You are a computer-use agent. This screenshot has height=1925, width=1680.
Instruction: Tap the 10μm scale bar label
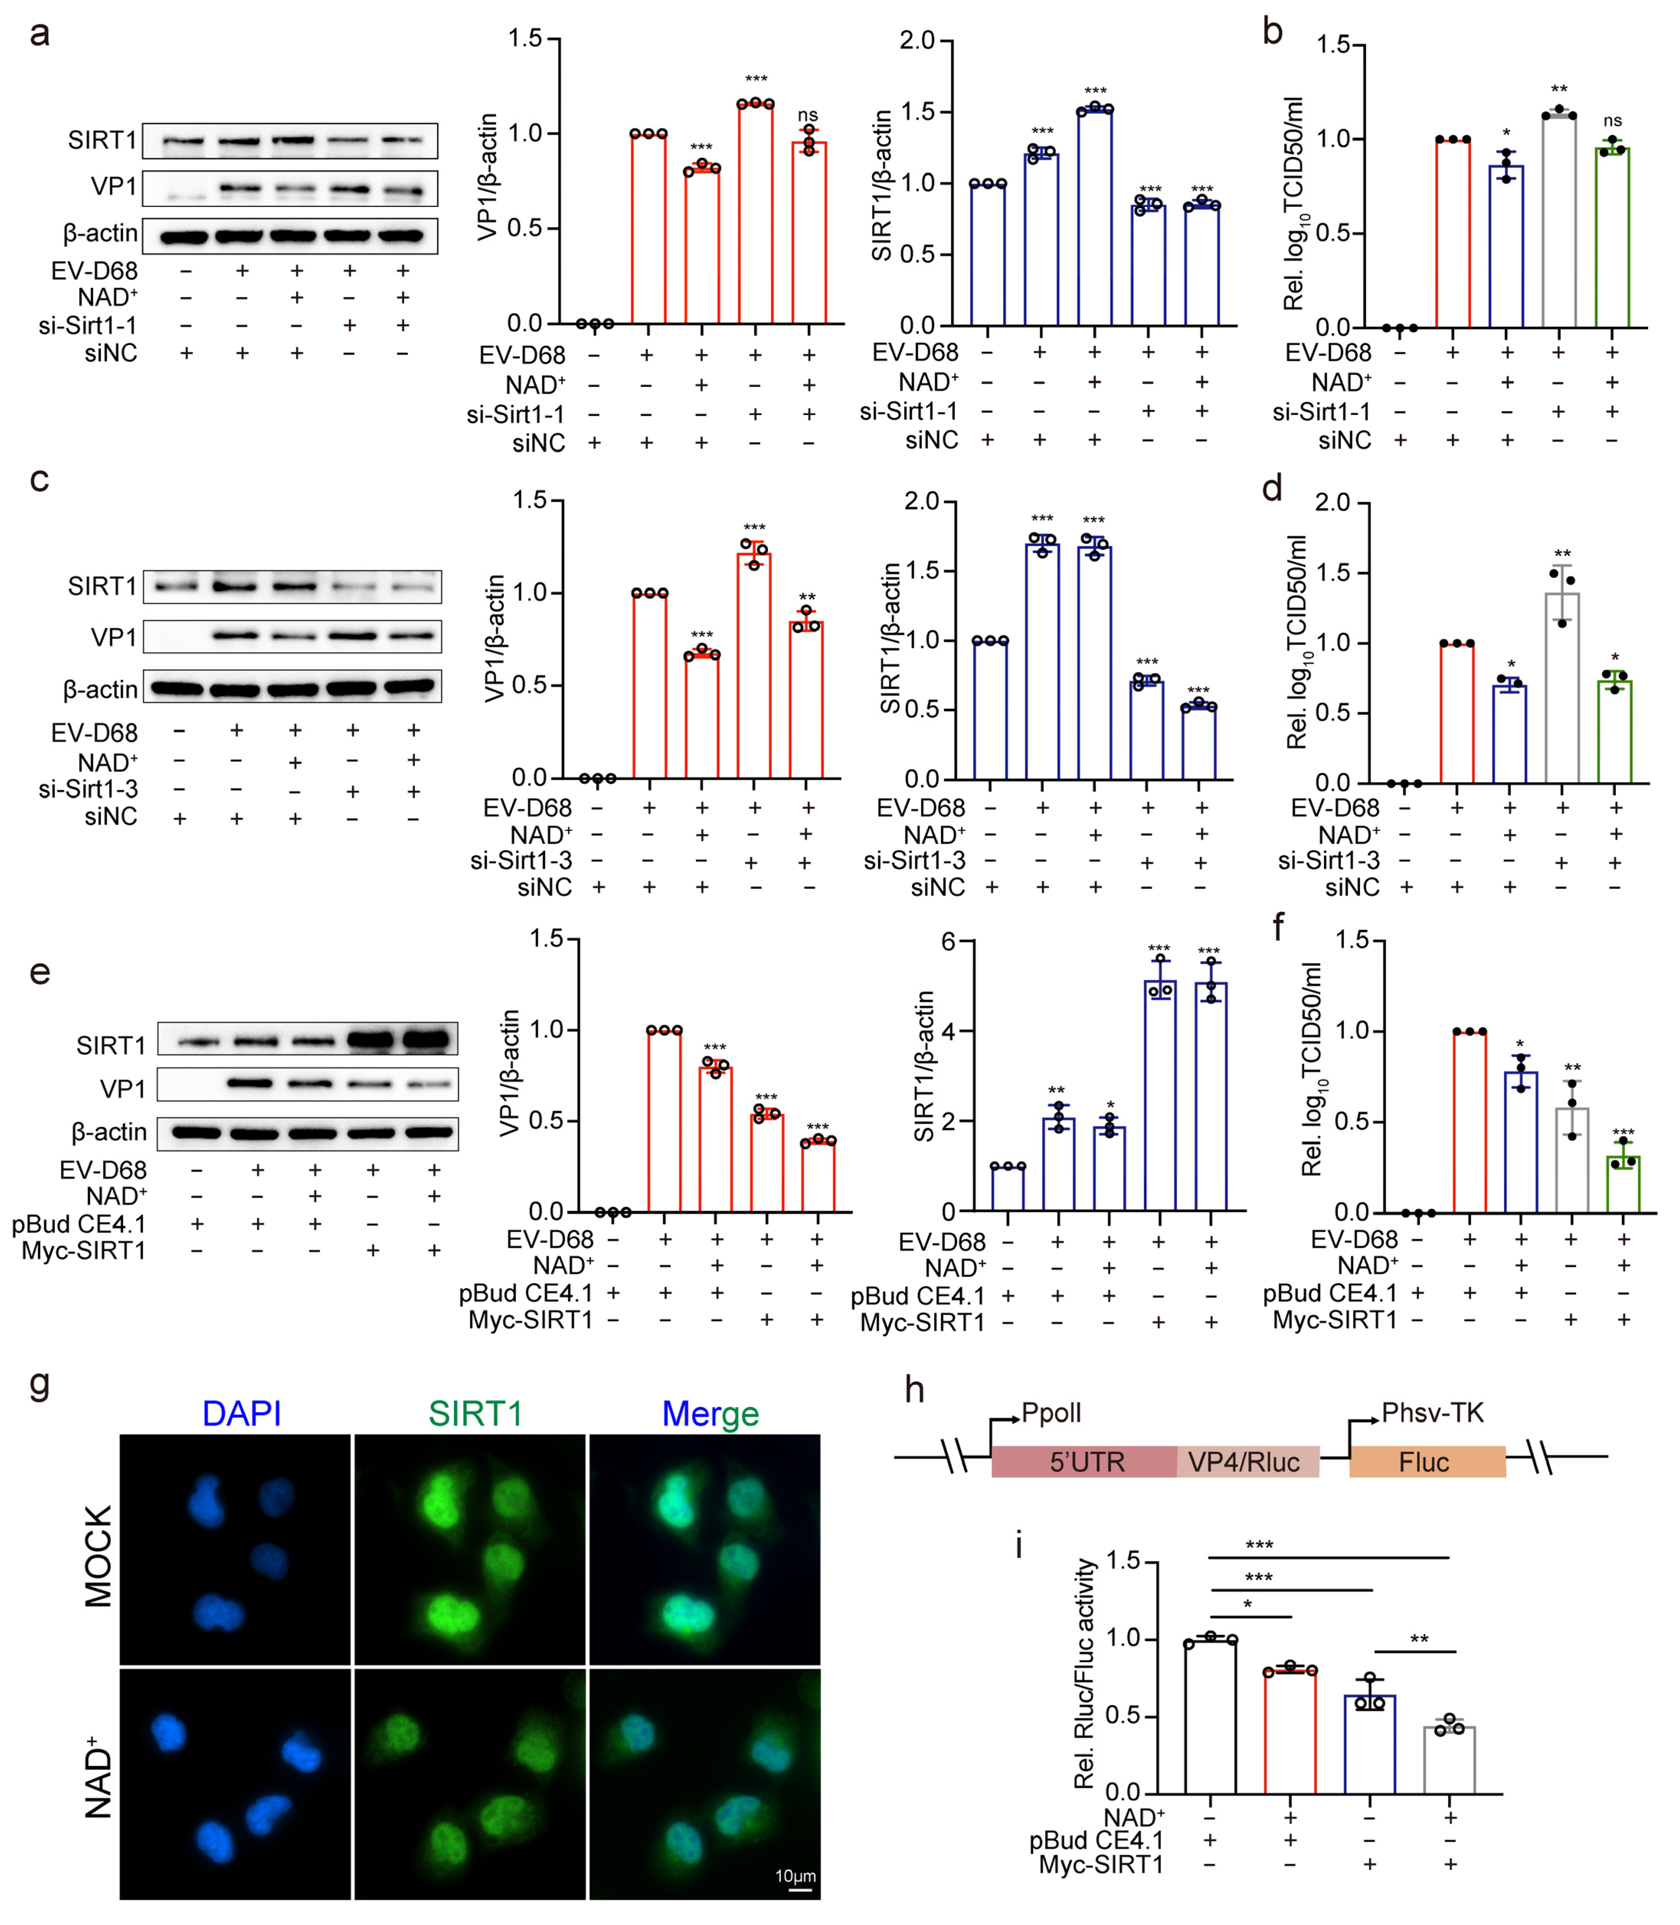(795, 1875)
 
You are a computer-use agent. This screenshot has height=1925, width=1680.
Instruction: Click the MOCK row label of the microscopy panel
(98, 1556)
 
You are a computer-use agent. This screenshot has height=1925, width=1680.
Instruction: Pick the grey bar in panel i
(1449, 1759)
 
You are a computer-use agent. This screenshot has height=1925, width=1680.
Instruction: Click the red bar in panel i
(1290, 1731)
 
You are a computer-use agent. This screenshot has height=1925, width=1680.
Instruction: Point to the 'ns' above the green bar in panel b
(1613, 121)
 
